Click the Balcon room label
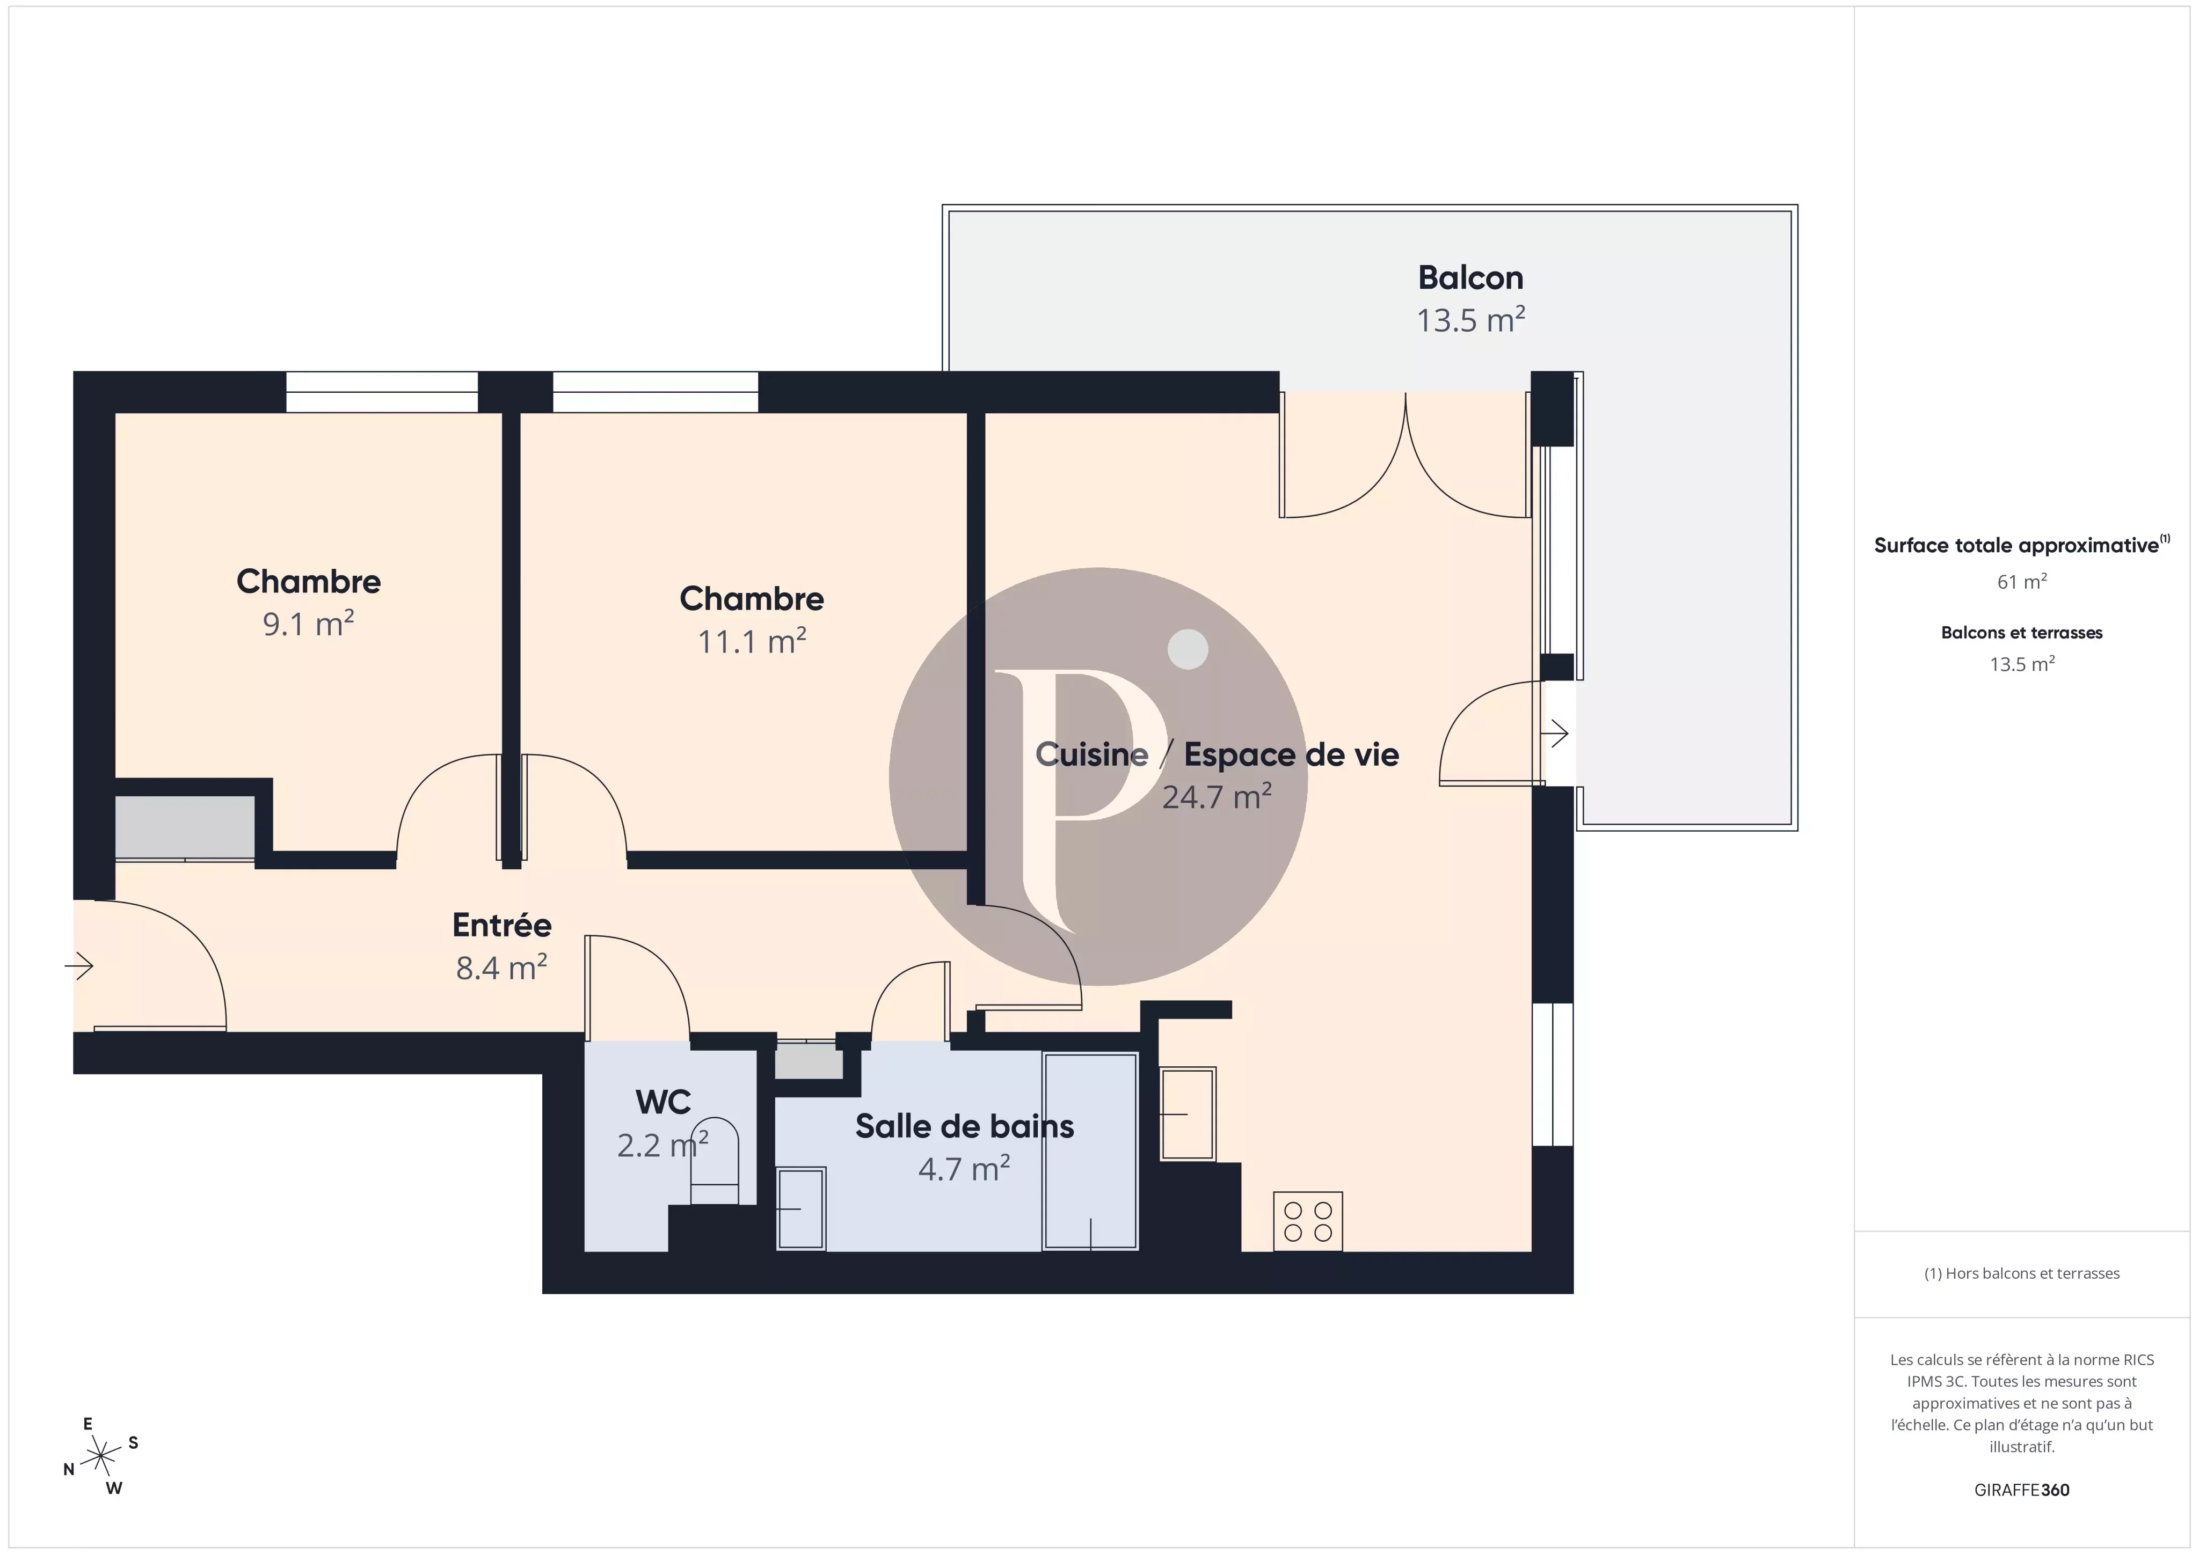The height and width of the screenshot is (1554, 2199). click(x=1469, y=277)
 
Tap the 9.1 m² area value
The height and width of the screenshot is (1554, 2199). click(x=308, y=624)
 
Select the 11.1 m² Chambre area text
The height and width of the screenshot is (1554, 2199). click(x=752, y=642)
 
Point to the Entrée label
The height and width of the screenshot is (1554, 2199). click(x=502, y=925)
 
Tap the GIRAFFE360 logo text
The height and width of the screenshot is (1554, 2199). click(x=2021, y=1490)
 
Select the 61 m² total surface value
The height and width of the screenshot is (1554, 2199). click(x=2021, y=581)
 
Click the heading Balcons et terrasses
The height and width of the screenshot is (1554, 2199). click(x=2021, y=633)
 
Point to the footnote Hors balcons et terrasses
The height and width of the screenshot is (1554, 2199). click(x=2021, y=1273)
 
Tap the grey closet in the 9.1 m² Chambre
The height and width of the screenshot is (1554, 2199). click(x=185, y=827)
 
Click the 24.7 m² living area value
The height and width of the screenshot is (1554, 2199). click(x=1217, y=797)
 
